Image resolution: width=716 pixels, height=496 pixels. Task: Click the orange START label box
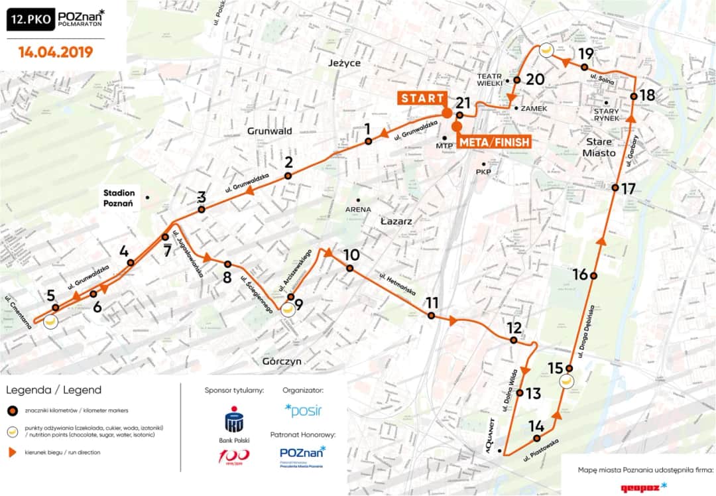pyautogui.click(x=422, y=98)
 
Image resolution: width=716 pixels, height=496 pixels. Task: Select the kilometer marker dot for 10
pyautogui.click(x=349, y=269)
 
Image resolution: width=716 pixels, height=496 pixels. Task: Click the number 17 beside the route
pyautogui.click(x=628, y=188)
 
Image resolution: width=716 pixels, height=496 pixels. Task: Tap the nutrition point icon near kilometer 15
pyautogui.click(x=566, y=381)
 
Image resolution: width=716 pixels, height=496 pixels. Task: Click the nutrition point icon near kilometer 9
pyautogui.click(x=287, y=308)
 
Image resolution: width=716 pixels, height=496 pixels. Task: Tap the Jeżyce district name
pyautogui.click(x=344, y=63)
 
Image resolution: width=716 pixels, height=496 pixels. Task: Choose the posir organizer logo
pyautogui.click(x=303, y=410)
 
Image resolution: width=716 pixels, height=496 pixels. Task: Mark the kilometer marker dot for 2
pyautogui.click(x=288, y=176)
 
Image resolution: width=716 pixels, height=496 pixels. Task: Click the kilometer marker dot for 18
pyautogui.click(x=634, y=97)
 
